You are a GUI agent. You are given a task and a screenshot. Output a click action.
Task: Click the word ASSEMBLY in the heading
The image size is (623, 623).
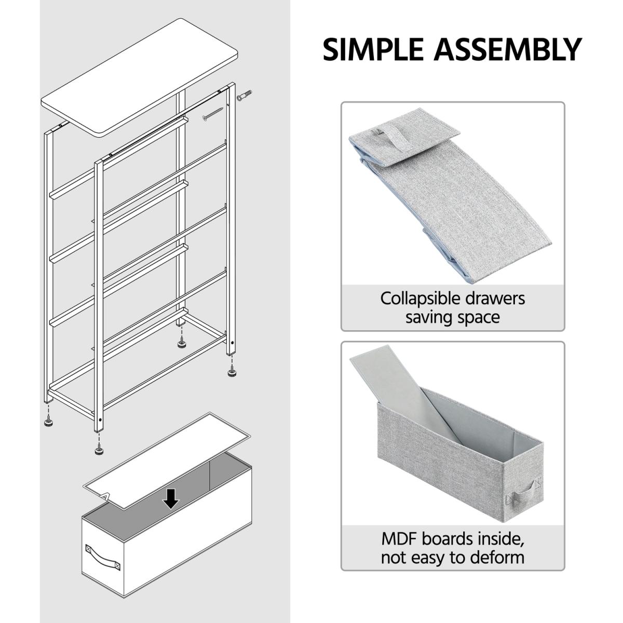508,49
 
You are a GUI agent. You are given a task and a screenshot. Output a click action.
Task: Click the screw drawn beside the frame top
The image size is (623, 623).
213,114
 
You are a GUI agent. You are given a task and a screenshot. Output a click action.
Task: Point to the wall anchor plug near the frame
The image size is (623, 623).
244,96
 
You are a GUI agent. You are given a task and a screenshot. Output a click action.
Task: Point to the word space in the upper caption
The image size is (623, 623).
477,318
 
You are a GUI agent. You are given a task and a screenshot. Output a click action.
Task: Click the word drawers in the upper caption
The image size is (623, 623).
495,298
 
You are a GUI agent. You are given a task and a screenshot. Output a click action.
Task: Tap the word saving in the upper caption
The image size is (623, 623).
427,318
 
